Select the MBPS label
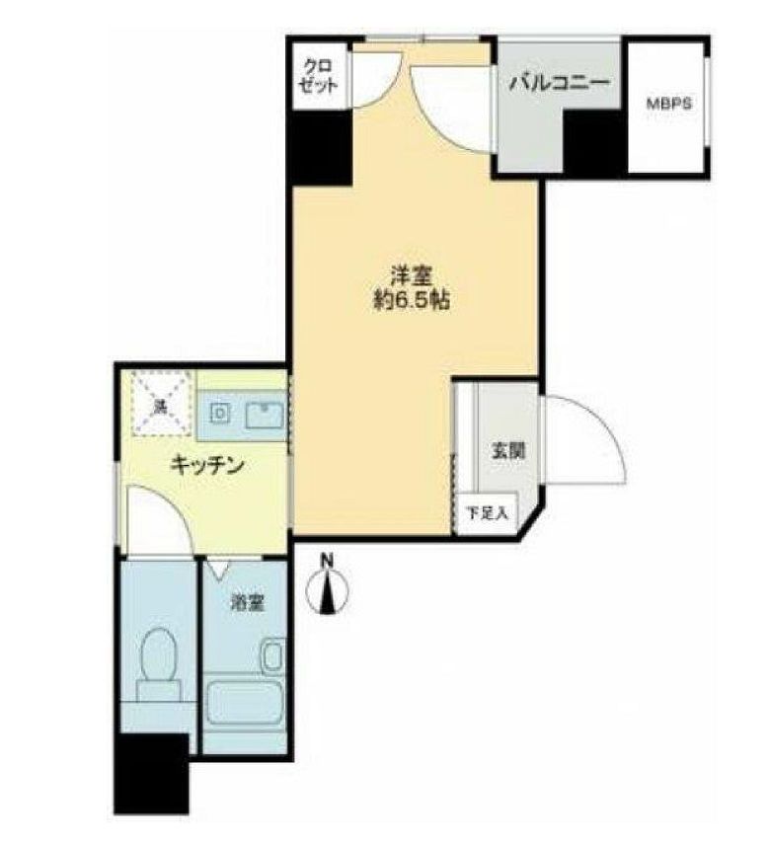(x=667, y=103)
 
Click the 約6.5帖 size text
(x=405, y=302)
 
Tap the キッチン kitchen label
(x=206, y=465)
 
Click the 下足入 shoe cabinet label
(x=486, y=512)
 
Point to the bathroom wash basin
(x=272, y=654)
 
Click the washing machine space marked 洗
(x=158, y=403)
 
